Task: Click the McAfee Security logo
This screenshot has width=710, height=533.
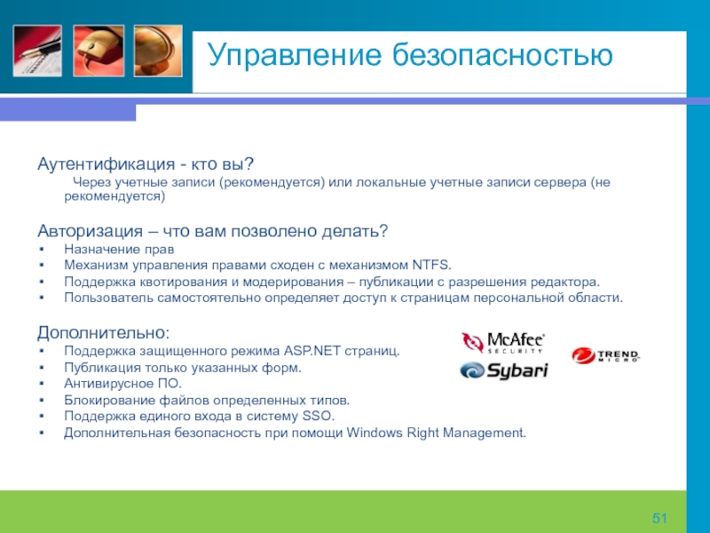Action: tap(503, 343)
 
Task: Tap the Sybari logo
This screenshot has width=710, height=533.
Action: tap(504, 370)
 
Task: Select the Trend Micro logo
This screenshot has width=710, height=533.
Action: tap(606, 356)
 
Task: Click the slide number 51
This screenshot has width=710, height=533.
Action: tap(659, 518)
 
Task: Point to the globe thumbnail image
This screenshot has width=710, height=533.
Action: tap(158, 51)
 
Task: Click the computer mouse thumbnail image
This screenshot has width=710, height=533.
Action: tap(99, 51)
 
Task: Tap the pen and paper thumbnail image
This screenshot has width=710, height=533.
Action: tap(37, 51)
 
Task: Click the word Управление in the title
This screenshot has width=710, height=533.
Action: tap(295, 56)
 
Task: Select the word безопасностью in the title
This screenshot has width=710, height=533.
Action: tap(502, 55)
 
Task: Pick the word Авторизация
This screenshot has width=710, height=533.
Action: tap(91, 231)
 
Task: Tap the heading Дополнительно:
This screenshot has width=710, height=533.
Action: tap(103, 332)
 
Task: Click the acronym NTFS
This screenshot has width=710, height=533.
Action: tap(431, 265)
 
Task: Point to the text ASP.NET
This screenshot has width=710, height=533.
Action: tap(312, 351)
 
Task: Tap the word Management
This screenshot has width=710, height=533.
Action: tap(485, 433)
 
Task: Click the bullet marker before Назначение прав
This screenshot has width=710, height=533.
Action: tap(42, 250)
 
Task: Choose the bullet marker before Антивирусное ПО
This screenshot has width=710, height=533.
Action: tap(42, 384)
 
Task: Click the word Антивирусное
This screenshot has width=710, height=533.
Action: tap(108, 385)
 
